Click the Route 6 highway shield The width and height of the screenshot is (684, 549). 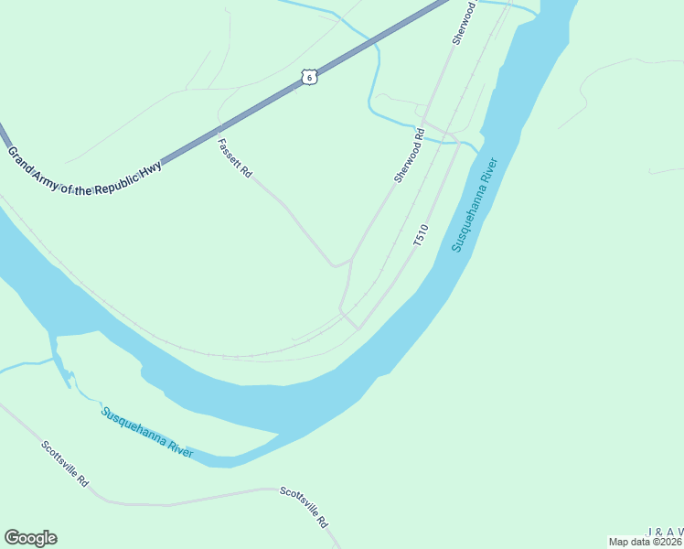(310, 78)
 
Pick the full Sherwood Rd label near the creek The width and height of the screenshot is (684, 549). (411, 155)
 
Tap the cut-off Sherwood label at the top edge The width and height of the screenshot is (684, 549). (465, 23)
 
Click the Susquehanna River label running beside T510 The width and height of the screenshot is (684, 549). (476, 205)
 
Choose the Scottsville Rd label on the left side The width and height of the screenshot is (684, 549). (65, 464)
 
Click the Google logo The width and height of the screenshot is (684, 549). (30, 538)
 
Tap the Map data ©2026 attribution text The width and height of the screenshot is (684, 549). (646, 542)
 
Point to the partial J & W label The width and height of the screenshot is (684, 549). (665, 532)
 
